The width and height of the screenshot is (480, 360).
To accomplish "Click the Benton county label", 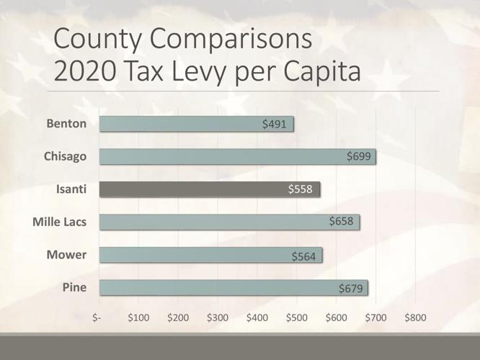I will pos(66,124).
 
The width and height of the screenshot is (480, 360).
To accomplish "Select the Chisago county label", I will pos(66,157).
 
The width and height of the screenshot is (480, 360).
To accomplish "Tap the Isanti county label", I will pos(71,189).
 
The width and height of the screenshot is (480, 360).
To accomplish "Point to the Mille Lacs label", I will pos(59,222).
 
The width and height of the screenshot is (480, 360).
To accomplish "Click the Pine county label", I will pos(74,288).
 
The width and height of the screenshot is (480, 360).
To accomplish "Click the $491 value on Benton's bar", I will pos(275,124).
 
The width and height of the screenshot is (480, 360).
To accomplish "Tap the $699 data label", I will pos(358,156).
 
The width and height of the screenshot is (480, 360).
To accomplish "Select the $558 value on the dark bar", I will pos(300,189).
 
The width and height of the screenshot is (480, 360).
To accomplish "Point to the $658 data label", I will pos(342,222).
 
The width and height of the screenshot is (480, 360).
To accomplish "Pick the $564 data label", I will pos(303,256).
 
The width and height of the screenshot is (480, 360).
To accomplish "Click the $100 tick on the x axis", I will pos(138,317).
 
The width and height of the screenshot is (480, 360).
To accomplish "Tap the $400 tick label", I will pos(257,317).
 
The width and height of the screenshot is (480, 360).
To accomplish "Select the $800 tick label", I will pos(416,317).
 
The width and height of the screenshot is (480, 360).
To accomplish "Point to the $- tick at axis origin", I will pos(99,317).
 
